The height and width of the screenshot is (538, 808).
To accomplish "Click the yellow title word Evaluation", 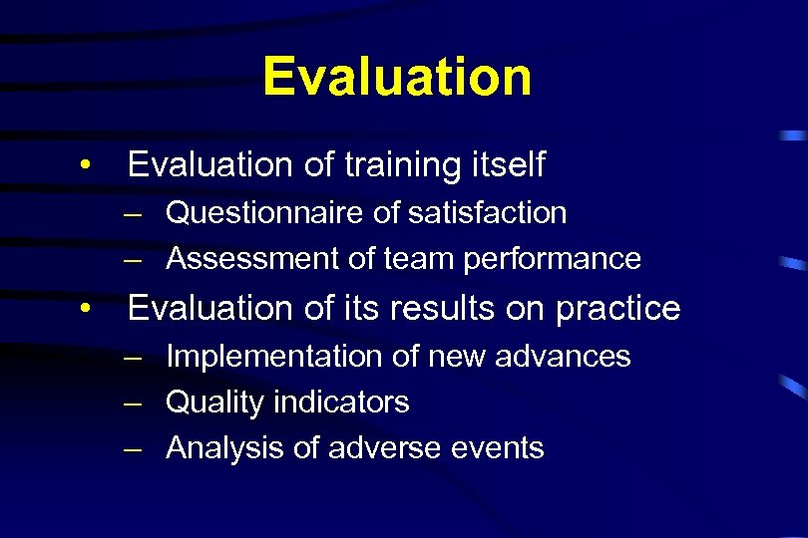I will point(397,77).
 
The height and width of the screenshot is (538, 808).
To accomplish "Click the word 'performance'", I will point(552,259).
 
